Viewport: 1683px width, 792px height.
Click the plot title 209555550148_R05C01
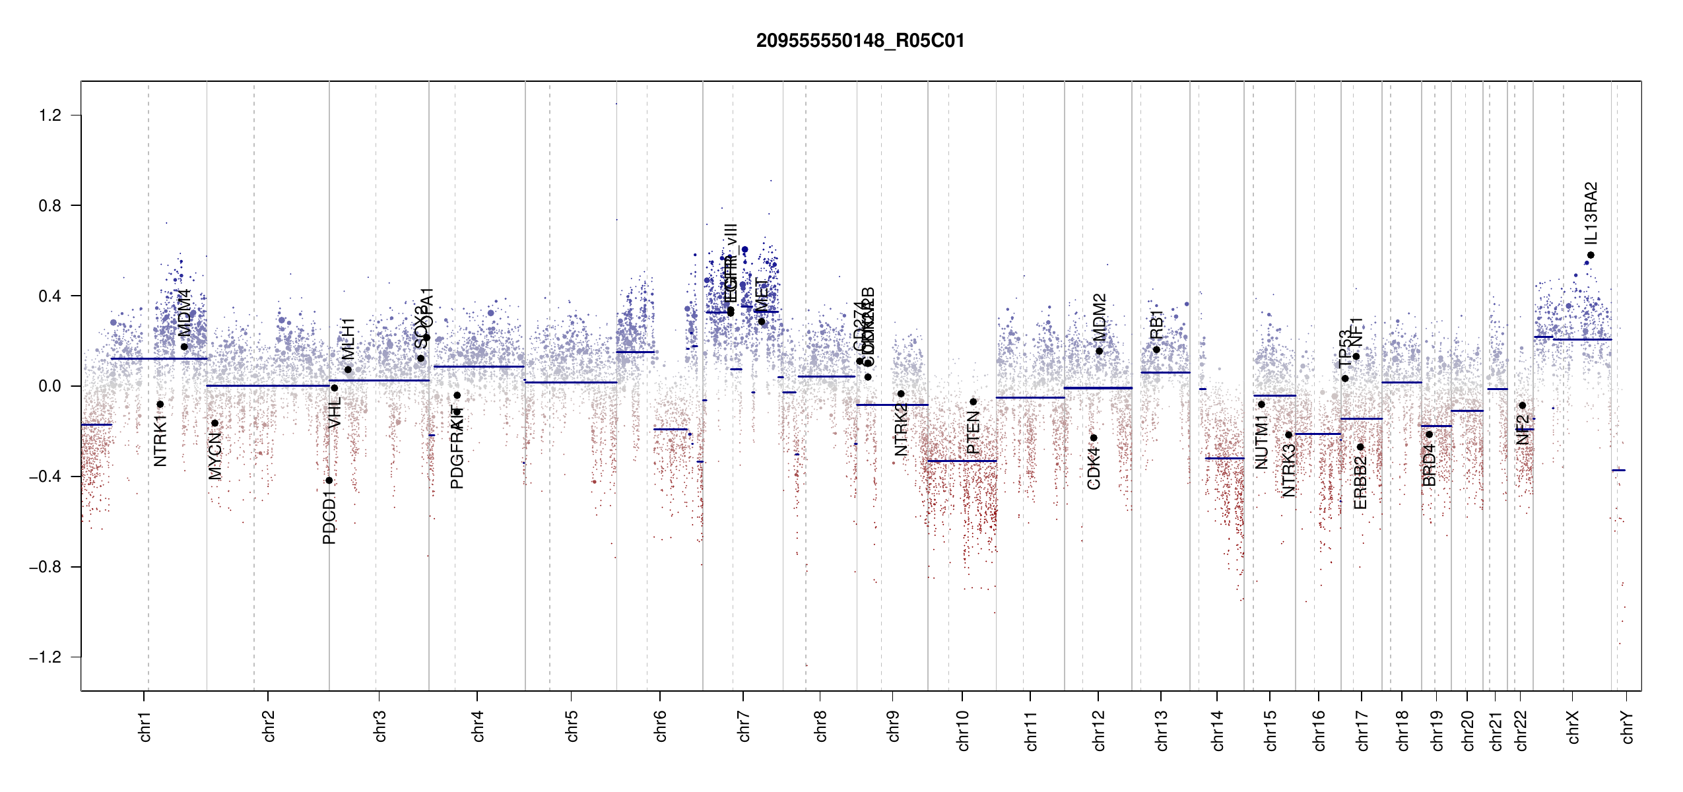pyautogui.click(x=860, y=41)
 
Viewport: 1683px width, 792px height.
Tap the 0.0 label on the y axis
pyautogui.click(x=50, y=386)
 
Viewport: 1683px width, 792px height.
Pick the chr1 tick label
pyautogui.click(x=145, y=727)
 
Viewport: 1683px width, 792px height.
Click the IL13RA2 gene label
pyautogui.click(x=1591, y=213)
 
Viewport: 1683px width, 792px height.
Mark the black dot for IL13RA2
pyautogui.click(x=1591, y=255)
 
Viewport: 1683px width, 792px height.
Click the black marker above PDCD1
pyautogui.click(x=329, y=480)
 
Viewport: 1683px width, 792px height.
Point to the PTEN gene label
pyautogui.click(x=973, y=432)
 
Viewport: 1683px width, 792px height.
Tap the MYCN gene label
pyautogui.click(x=214, y=456)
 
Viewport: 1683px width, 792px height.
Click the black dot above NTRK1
pyautogui.click(x=160, y=405)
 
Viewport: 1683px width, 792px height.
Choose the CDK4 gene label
pyautogui.click(x=1094, y=468)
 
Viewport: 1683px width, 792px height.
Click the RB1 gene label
pyautogui.click(x=1156, y=325)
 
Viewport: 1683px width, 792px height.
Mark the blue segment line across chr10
pyautogui.click(x=962, y=461)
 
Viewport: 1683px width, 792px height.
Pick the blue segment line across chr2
pyautogui.click(x=267, y=385)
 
